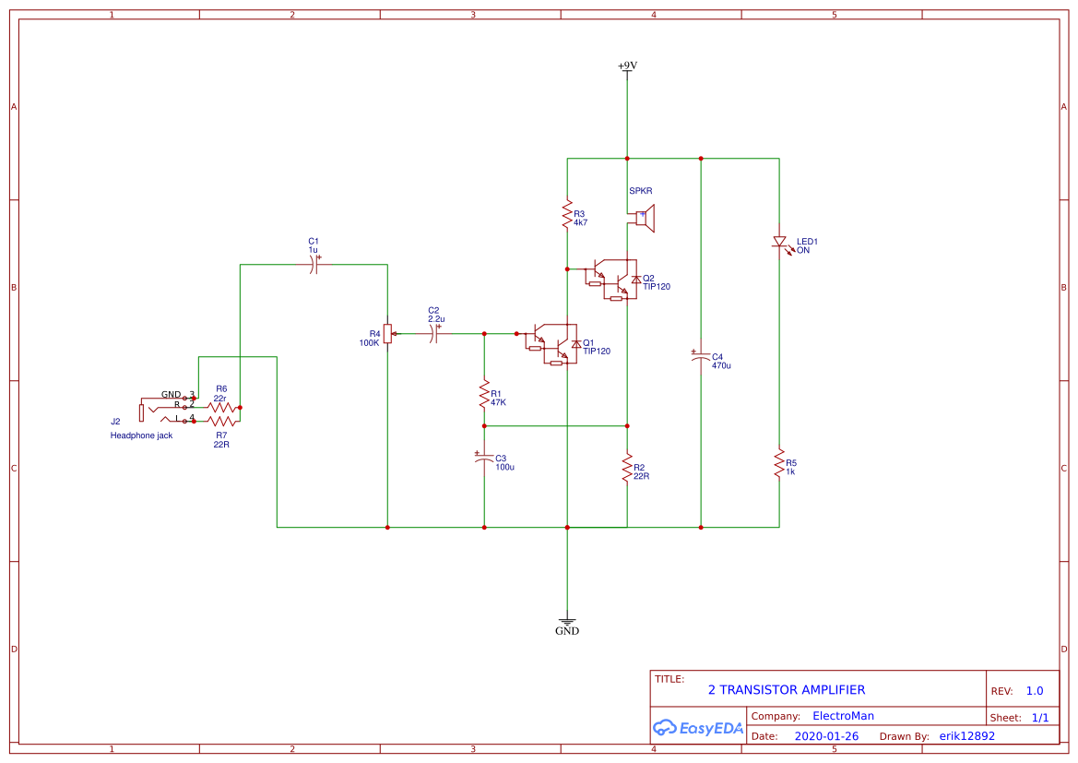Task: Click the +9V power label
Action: pyautogui.click(x=627, y=66)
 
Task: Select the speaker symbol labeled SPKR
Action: pyautogui.click(x=645, y=220)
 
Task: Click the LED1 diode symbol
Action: pyautogui.click(x=779, y=243)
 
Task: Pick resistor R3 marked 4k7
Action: pyautogui.click(x=567, y=215)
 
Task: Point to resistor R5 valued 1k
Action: pyautogui.click(x=779, y=464)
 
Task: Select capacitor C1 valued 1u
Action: pyautogui.click(x=314, y=265)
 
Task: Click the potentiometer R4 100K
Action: pyautogui.click(x=387, y=334)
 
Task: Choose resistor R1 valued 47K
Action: pyautogui.click(x=484, y=395)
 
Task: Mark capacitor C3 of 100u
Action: pyautogui.click(x=484, y=458)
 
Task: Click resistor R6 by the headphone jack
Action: pyautogui.click(x=221, y=406)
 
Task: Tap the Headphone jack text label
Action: pyautogui.click(x=141, y=435)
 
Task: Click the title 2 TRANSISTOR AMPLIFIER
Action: pyautogui.click(x=786, y=689)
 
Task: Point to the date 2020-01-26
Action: pyautogui.click(x=825, y=736)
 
